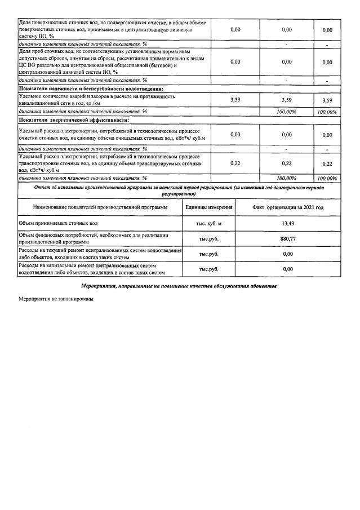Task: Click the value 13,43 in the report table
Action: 288,224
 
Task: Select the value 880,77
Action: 288,238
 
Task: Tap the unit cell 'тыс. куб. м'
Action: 208,224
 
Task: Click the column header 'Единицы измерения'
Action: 208,207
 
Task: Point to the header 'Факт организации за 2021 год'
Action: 288,207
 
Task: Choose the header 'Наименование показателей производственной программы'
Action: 100,207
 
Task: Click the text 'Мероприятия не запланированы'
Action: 55,299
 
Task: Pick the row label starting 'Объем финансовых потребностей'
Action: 93,238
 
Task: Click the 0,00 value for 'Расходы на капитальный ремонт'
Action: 288,269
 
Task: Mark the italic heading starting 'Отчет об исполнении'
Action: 179,189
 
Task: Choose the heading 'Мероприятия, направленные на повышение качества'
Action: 179,286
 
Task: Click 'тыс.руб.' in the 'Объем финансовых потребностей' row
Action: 208,238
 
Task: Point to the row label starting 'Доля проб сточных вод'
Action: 107,61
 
